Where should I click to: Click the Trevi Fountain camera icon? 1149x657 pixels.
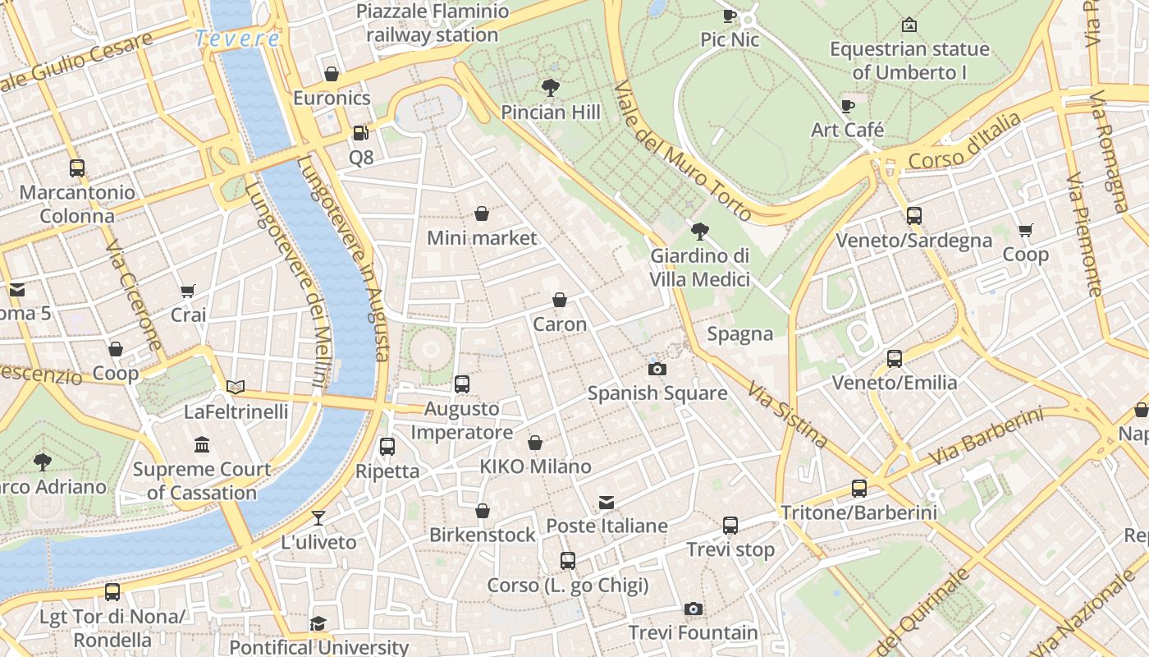pyautogui.click(x=694, y=609)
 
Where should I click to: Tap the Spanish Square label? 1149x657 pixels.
pyautogui.click(x=657, y=393)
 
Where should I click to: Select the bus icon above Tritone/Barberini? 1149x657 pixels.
pyautogui.click(x=859, y=489)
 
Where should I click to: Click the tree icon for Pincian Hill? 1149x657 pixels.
pyautogui.click(x=551, y=88)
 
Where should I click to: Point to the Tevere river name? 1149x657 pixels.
pyautogui.click(x=237, y=39)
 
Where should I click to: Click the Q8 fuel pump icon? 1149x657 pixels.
pyautogui.click(x=360, y=133)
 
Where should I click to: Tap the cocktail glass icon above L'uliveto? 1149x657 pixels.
pyautogui.click(x=318, y=518)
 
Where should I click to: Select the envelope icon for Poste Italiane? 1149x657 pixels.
pyautogui.click(x=607, y=502)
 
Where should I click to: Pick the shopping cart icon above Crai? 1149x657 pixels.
pyautogui.click(x=188, y=291)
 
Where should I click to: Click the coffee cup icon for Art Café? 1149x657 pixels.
pyautogui.click(x=848, y=106)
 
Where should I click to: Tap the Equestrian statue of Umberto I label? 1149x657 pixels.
pyautogui.click(x=909, y=61)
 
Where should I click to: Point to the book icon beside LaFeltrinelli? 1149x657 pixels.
pyautogui.click(x=236, y=387)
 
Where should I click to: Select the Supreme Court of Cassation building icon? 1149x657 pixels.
pyautogui.click(x=202, y=445)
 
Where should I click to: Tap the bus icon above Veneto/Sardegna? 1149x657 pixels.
pyautogui.click(x=914, y=216)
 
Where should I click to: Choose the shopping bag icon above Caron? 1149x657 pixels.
pyautogui.click(x=560, y=300)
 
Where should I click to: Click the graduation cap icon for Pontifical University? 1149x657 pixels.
pyautogui.click(x=318, y=624)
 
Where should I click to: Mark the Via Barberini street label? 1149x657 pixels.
pyautogui.click(x=986, y=436)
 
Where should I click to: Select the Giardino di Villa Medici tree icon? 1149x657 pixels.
pyautogui.click(x=700, y=232)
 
